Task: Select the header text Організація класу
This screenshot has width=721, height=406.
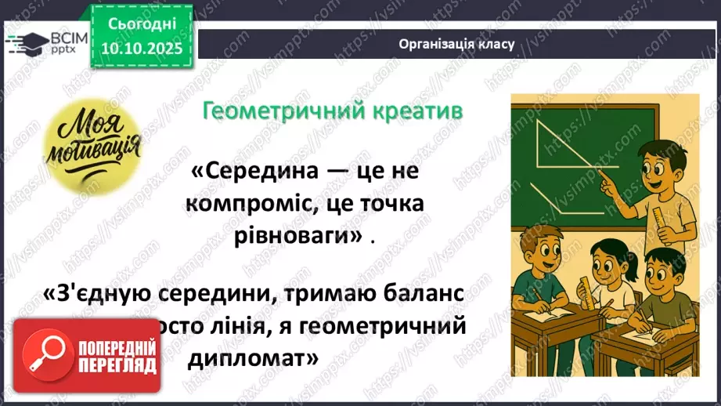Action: pos(456,44)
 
